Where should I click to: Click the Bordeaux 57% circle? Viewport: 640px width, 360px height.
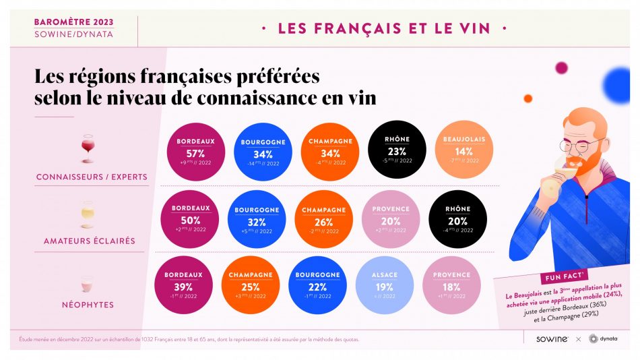tap(195, 152)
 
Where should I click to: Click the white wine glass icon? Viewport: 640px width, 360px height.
tap(87, 214)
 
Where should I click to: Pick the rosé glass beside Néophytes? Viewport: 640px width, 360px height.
tap(87, 283)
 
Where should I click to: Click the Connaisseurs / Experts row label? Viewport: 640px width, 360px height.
tap(92, 177)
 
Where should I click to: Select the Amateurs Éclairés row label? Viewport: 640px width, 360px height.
tap(90, 241)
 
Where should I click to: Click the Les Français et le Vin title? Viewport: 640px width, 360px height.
tap(384, 28)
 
